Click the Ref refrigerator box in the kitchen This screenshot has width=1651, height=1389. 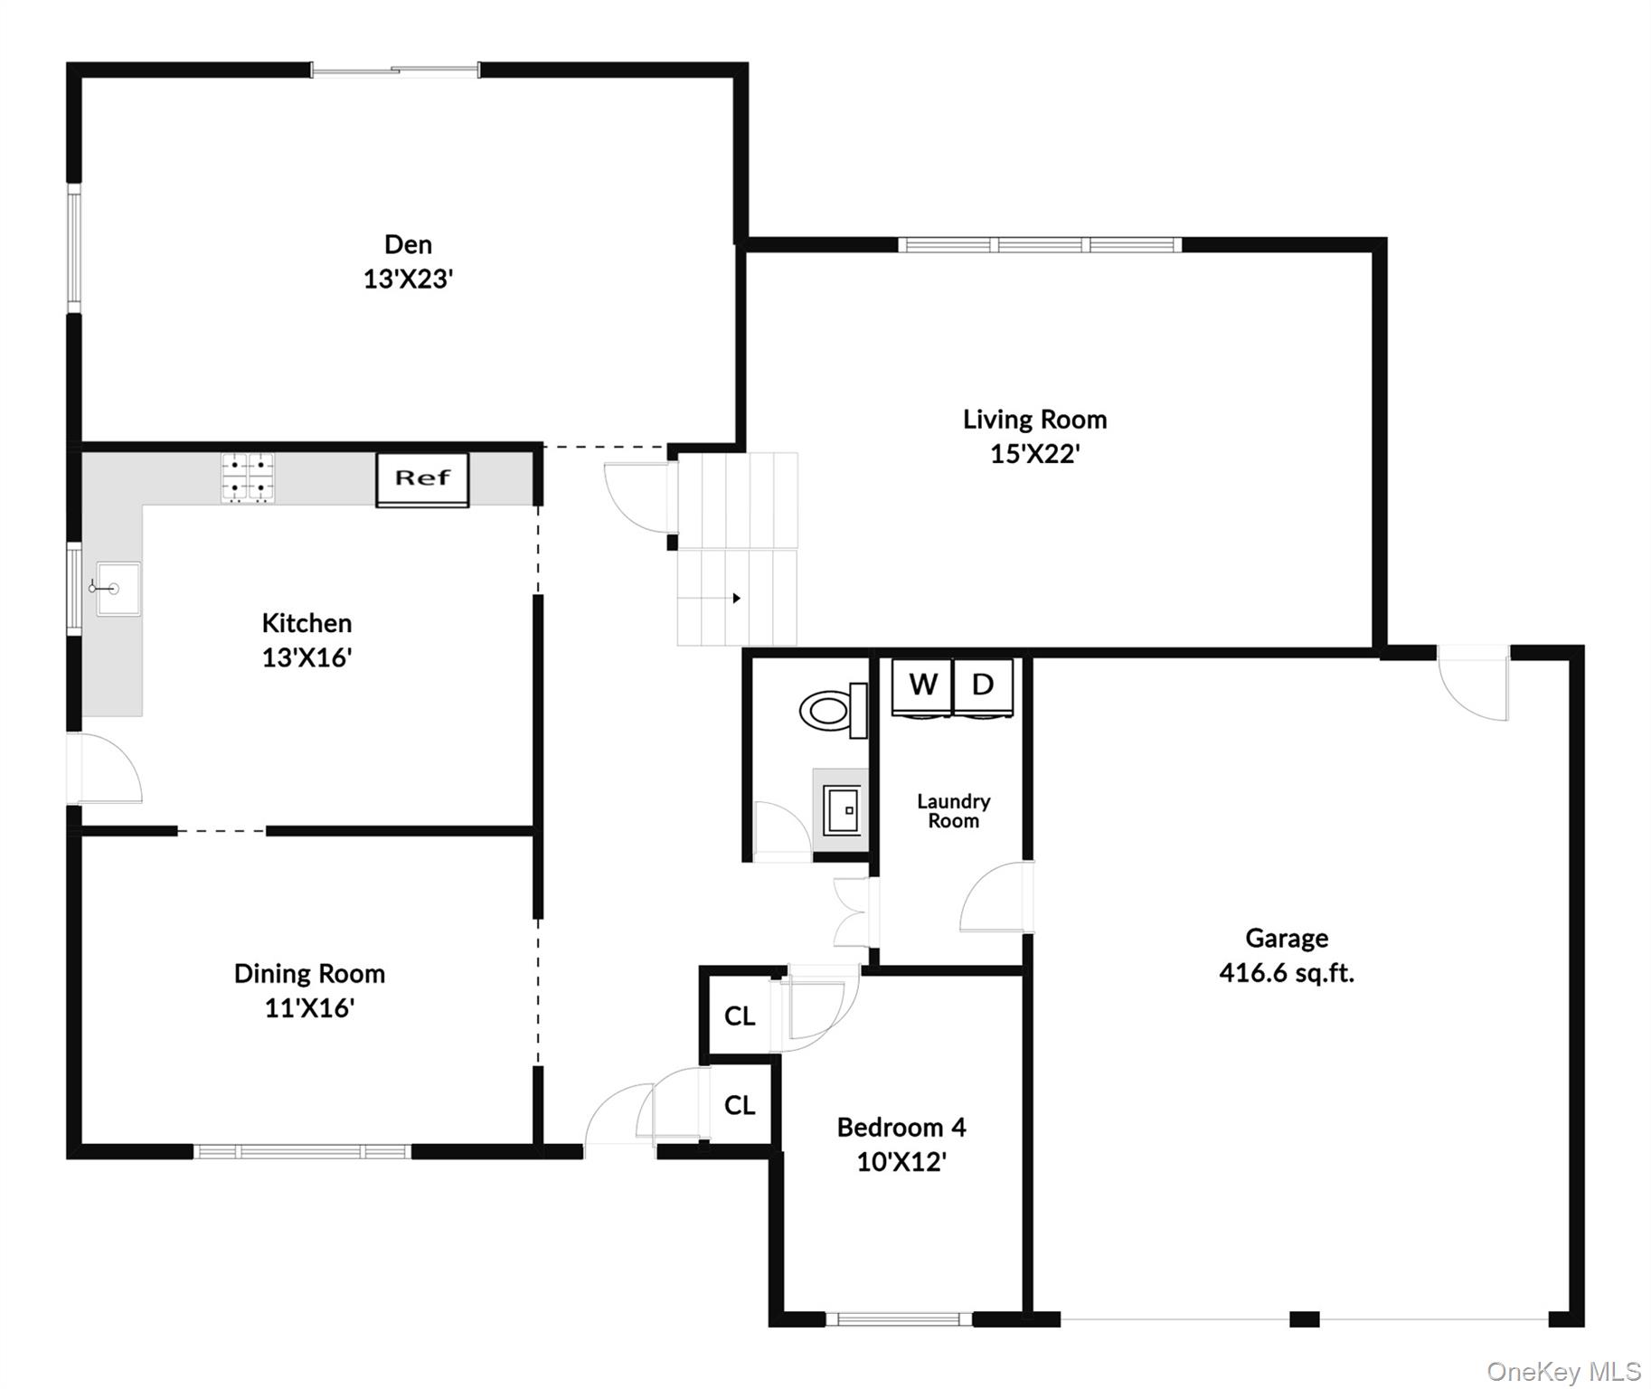tap(422, 479)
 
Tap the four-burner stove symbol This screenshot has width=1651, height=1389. tap(248, 477)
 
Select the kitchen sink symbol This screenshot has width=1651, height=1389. tap(118, 589)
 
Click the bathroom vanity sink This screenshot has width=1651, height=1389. tap(841, 811)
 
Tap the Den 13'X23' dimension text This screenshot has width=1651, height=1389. tap(408, 279)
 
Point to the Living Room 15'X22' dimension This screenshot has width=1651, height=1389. tap(1034, 454)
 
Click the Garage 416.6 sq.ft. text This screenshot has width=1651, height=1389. tap(1286, 973)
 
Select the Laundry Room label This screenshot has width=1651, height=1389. tap(953, 811)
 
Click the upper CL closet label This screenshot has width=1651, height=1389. tap(740, 1016)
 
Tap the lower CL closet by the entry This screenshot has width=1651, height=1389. tap(740, 1105)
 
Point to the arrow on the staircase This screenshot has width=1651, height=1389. tap(736, 599)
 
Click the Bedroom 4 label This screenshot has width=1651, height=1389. tap(901, 1128)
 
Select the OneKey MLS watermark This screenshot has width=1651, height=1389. tap(1563, 1371)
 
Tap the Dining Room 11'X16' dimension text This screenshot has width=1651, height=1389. tap(309, 1008)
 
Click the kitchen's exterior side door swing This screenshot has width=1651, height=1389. tap(107, 769)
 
